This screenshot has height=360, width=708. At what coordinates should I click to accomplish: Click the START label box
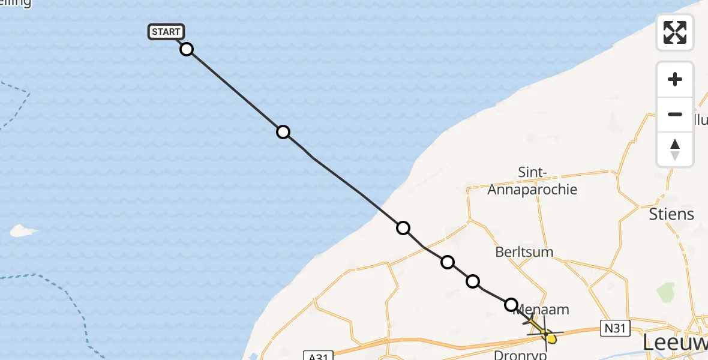tap(166, 32)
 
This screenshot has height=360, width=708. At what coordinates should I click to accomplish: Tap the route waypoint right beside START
tap(187, 49)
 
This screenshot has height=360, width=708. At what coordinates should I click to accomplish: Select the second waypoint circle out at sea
tap(283, 132)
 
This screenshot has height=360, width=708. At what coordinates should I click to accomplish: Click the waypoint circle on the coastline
tap(403, 228)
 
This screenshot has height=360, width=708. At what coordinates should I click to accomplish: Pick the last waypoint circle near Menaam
tap(511, 305)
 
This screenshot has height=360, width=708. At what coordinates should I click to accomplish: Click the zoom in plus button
tap(675, 80)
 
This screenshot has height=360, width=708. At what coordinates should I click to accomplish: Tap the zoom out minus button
tap(675, 115)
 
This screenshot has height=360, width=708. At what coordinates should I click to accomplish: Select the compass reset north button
tap(675, 149)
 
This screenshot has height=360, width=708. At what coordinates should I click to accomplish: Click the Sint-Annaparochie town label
tap(532, 181)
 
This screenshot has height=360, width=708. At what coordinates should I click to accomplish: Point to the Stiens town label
tap(671, 214)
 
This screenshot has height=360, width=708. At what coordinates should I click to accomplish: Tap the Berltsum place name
tap(524, 252)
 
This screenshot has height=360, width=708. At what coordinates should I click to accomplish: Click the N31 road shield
tap(614, 328)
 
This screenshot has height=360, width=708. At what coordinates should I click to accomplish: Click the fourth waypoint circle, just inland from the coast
tap(448, 262)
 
